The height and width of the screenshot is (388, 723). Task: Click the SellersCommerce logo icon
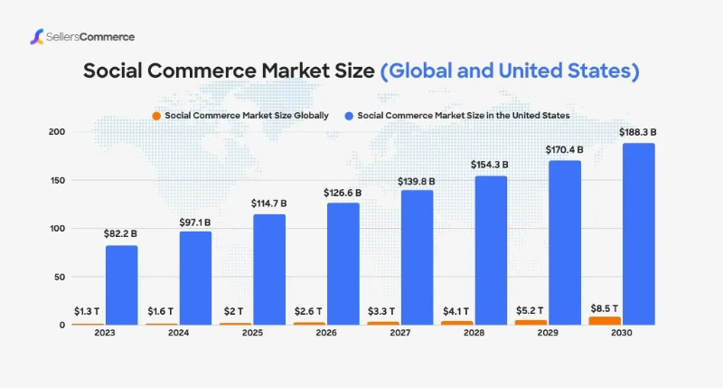click(x=37, y=37)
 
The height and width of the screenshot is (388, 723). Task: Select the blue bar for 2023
click(x=121, y=284)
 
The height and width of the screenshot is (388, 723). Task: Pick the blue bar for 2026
click(x=343, y=263)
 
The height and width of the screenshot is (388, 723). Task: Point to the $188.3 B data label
click(x=638, y=132)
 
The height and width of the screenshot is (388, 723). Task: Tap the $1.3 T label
click(x=87, y=312)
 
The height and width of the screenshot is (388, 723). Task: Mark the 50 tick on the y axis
click(x=58, y=277)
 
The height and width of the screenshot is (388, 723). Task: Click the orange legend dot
click(x=156, y=116)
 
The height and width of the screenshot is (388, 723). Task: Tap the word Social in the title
click(x=113, y=71)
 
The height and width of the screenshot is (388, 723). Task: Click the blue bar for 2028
click(x=490, y=250)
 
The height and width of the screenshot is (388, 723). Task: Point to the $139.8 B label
click(x=416, y=181)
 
